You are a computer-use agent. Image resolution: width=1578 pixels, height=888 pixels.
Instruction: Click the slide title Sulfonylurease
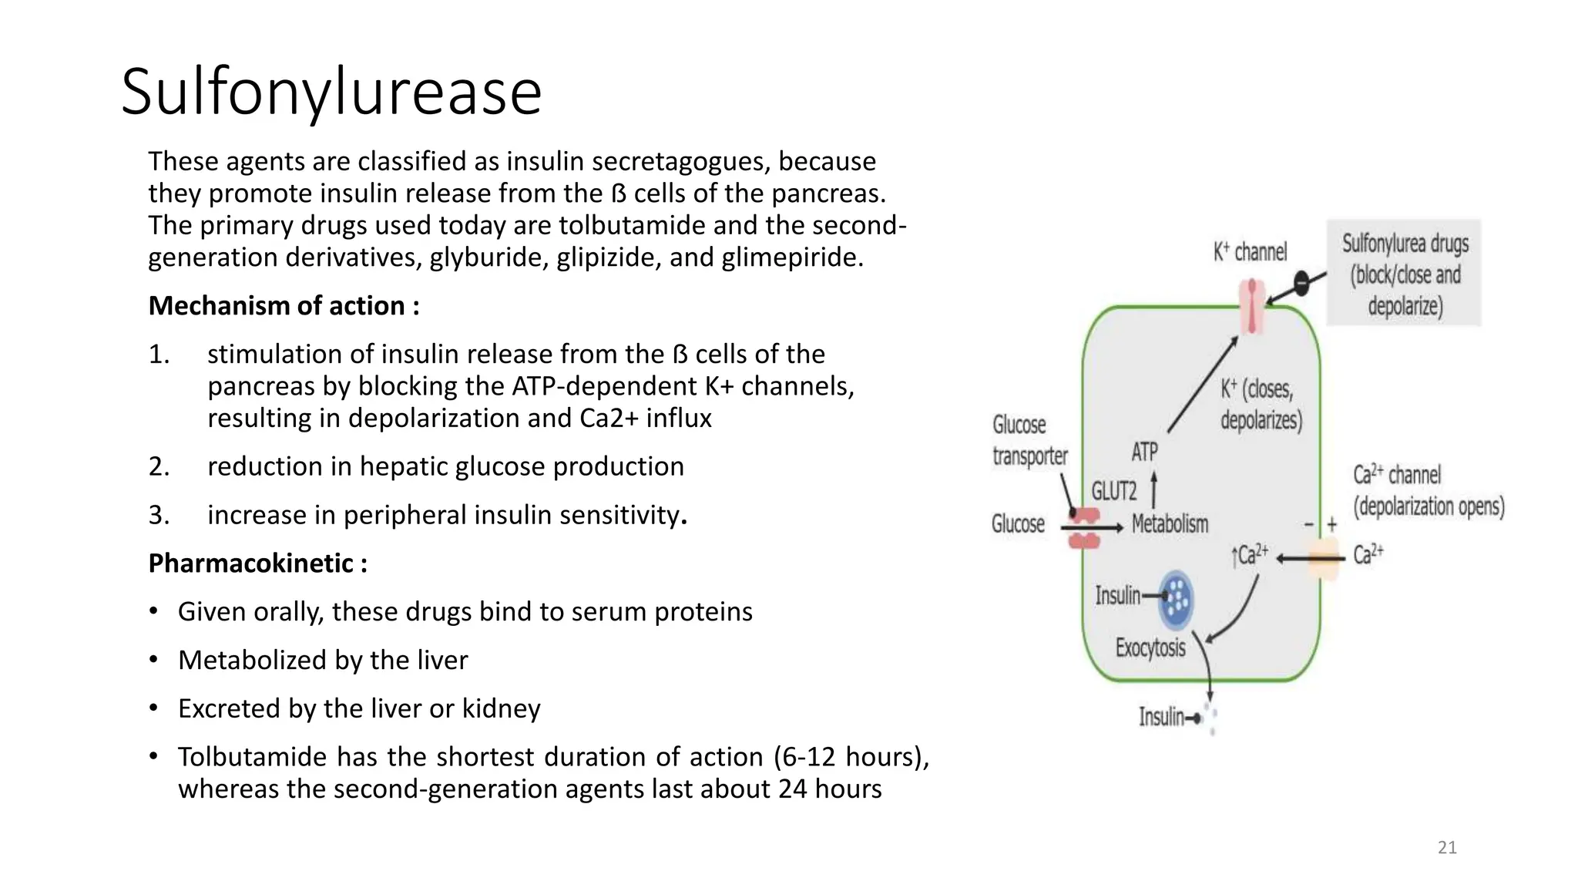tap(331, 92)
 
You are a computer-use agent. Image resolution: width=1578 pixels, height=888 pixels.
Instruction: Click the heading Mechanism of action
tap(284, 306)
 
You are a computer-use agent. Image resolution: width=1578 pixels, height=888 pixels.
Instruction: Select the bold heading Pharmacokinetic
tap(257, 563)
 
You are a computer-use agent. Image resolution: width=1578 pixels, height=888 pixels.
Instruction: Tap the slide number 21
tap(1447, 848)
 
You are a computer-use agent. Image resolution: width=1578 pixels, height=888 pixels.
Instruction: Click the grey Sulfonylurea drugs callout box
tap(1404, 274)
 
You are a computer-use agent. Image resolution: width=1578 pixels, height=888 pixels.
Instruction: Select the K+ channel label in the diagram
tap(1250, 252)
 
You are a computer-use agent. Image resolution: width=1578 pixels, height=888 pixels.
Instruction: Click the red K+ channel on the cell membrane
tap(1253, 306)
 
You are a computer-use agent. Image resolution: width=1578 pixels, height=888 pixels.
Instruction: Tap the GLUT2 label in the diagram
tap(1114, 491)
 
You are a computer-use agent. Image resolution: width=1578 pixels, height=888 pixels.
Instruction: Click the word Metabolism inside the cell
tap(1170, 524)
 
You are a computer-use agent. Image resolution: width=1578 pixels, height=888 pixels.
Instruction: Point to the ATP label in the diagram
tap(1144, 452)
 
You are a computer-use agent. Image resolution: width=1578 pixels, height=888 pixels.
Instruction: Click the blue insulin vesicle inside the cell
tap(1176, 600)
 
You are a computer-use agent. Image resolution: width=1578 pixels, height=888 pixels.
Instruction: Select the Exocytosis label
tap(1150, 647)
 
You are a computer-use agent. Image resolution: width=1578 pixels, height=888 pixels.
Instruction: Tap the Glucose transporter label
tap(1029, 440)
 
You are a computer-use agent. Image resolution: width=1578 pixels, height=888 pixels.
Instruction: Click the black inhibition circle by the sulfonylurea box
tap(1301, 284)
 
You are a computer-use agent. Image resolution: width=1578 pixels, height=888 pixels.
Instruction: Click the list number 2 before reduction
tap(159, 467)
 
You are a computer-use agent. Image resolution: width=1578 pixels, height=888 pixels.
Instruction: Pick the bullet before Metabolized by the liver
tap(153, 660)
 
